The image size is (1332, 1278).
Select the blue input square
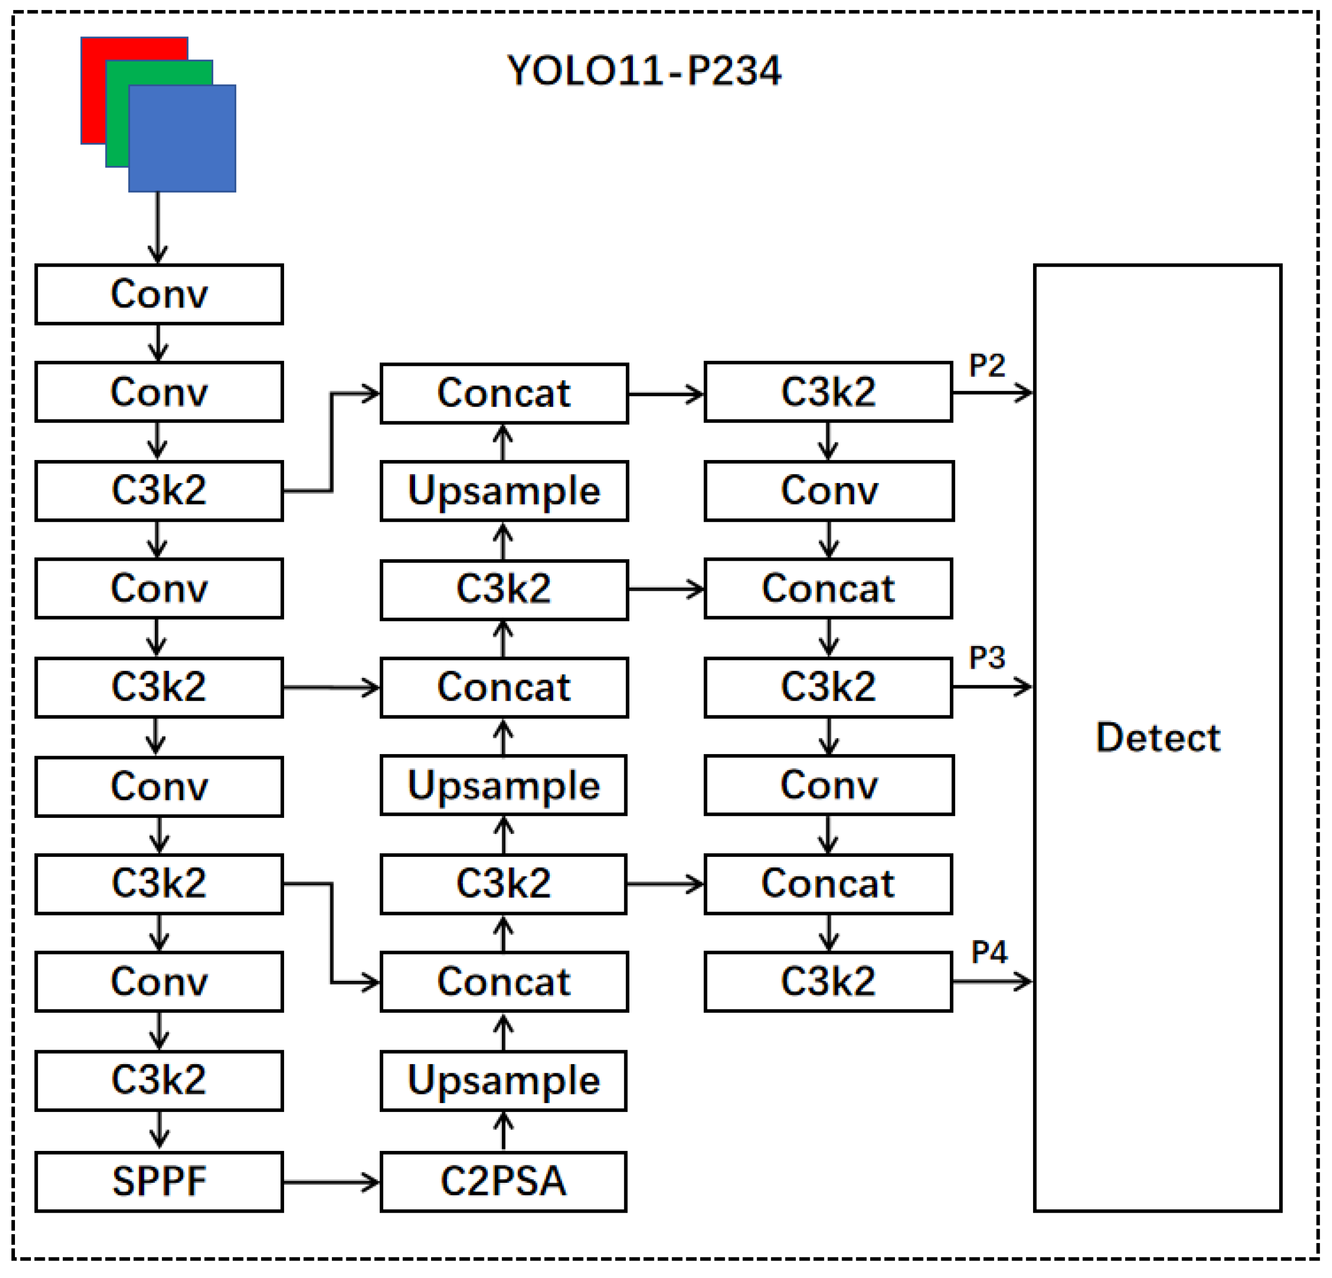(x=182, y=138)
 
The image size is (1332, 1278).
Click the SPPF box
(x=159, y=1181)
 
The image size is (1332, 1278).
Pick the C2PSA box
(x=503, y=1181)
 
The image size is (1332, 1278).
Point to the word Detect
(x=1158, y=738)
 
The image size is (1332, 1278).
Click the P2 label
(x=986, y=366)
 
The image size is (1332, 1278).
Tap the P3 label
(x=986, y=657)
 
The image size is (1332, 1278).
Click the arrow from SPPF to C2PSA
(x=330, y=1182)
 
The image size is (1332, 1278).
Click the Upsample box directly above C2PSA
(x=503, y=1081)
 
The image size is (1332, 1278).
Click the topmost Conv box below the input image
(x=159, y=295)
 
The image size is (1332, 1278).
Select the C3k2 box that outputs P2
(x=828, y=392)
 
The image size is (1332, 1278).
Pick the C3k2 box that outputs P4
(x=828, y=981)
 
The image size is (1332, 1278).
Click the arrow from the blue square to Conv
(x=157, y=228)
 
